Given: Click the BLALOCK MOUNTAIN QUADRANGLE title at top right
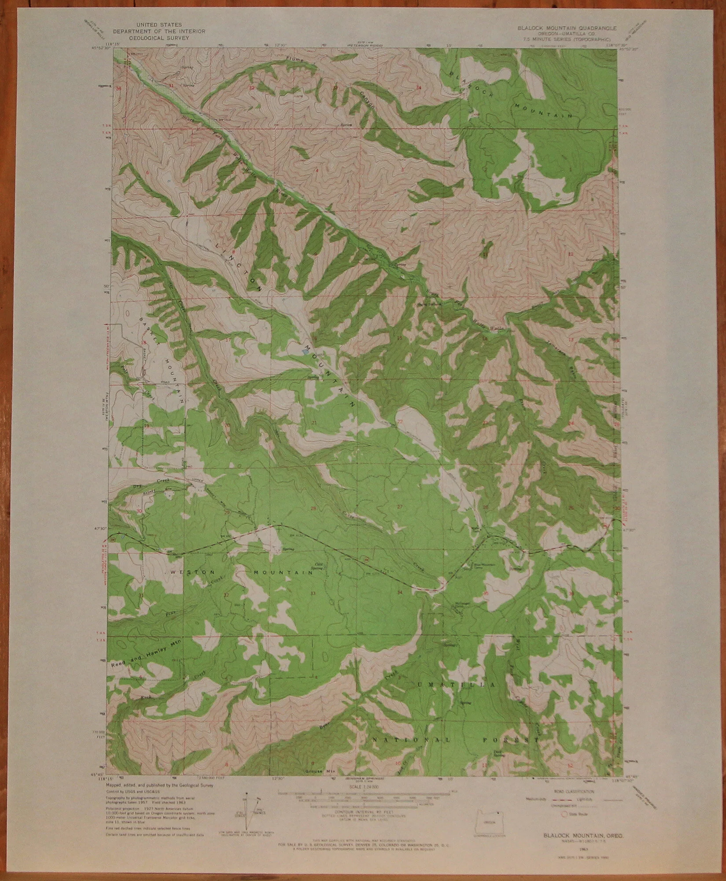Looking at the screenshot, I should pos(568,27).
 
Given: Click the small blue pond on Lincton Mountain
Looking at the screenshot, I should pos(304,352).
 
